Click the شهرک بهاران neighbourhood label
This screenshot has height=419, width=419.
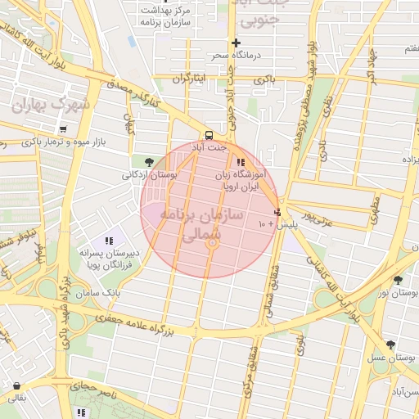click(49, 107)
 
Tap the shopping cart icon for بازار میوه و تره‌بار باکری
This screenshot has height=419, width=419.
click(63, 129)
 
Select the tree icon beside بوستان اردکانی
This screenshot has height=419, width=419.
click(148, 162)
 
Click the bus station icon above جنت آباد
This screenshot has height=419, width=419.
click(209, 135)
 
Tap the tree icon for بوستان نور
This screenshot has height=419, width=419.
click(398, 280)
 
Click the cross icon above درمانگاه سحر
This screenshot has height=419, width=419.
click(236, 43)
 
